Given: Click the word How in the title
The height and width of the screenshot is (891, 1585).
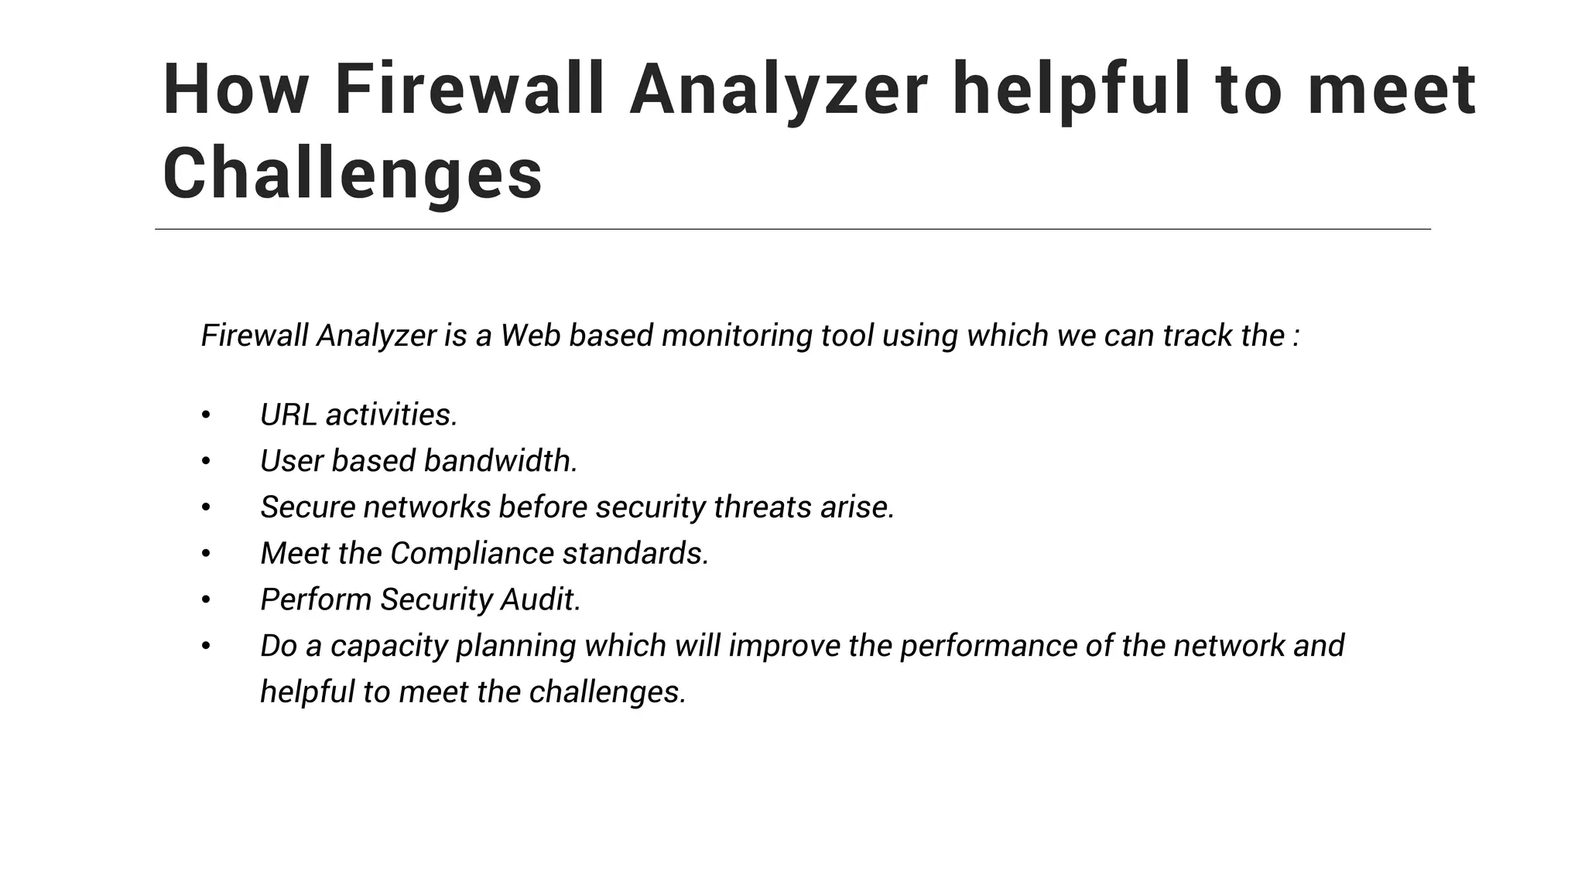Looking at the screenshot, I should [235, 90].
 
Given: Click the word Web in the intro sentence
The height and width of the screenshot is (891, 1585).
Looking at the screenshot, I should [530, 336].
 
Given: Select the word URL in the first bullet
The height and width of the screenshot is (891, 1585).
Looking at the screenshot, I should [288, 415].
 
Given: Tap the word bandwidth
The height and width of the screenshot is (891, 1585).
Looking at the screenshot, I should [500, 461].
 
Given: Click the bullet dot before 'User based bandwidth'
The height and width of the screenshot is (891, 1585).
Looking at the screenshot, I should [206, 462].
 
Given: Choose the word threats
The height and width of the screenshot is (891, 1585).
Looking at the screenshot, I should [762, 507].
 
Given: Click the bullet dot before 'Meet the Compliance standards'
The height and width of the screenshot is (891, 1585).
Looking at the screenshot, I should [206, 554].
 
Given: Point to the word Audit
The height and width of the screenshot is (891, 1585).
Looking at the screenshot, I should [540, 599].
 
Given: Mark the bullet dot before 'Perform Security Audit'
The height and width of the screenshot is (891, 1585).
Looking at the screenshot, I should [206, 600].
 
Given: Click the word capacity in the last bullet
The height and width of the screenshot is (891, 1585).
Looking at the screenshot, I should [389, 646].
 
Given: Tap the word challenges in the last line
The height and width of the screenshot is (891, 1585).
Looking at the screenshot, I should [608, 691].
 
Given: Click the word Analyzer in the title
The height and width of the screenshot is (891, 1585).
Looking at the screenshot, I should [779, 90].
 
